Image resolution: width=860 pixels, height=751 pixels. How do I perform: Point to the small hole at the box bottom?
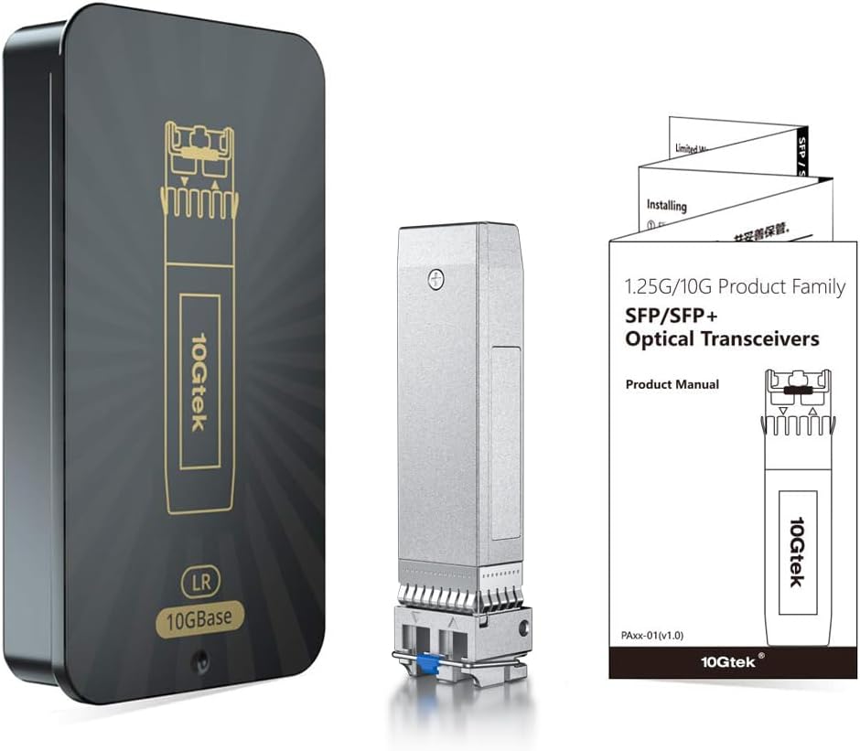tap(202, 660)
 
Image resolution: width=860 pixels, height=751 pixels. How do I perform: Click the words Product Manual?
tap(672, 385)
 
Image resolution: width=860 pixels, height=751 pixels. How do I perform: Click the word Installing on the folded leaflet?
tap(666, 207)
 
